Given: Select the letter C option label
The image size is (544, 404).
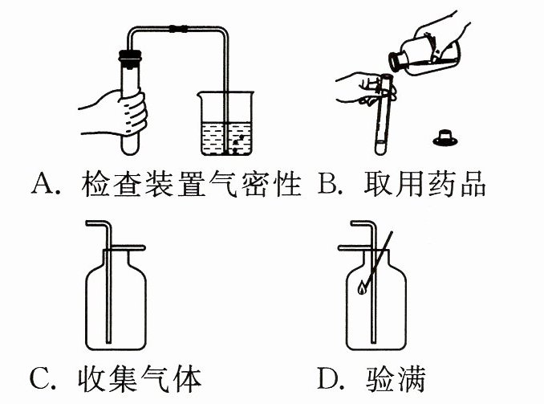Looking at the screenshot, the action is [x=41, y=377].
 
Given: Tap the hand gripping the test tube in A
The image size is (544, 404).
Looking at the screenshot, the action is [x=120, y=112].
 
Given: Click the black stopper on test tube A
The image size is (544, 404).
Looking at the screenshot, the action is [x=129, y=57].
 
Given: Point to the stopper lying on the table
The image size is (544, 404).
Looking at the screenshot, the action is [x=445, y=137].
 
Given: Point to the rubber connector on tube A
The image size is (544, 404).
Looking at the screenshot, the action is [x=177, y=29].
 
